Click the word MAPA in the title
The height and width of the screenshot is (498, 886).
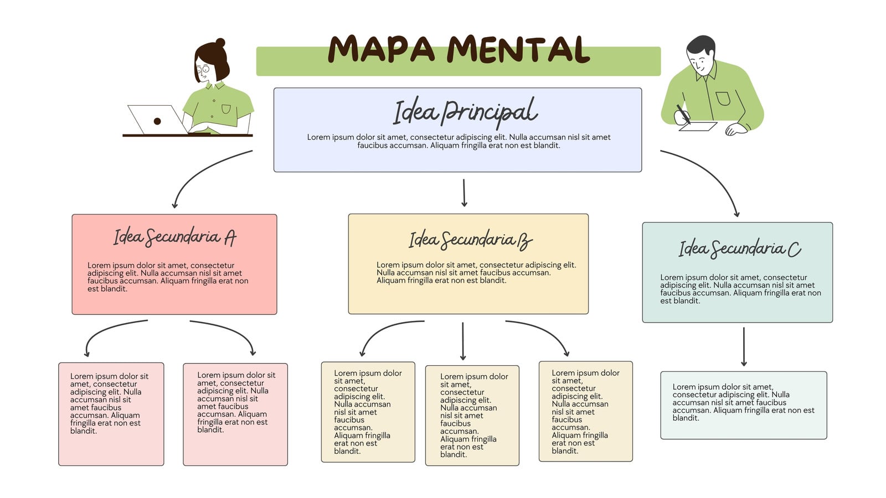[x=382, y=49]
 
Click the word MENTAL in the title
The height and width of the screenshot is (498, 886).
[x=518, y=49]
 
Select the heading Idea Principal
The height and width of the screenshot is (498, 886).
[x=465, y=112]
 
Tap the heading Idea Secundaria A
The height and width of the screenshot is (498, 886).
[x=175, y=237]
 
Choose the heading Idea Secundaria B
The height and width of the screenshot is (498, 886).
[x=470, y=240]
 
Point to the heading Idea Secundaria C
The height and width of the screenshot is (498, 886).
[x=740, y=248]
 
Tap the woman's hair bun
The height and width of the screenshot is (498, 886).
[x=220, y=42]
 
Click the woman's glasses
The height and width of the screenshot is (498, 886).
[x=203, y=70]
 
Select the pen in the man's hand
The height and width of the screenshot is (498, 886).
[x=683, y=114]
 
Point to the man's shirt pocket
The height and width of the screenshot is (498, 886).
[x=723, y=98]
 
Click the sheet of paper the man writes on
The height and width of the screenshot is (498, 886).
[x=698, y=126]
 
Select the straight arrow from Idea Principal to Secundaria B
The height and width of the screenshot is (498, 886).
[x=464, y=193]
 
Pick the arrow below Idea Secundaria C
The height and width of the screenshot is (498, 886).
[x=744, y=346]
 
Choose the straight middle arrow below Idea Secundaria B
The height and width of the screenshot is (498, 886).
[x=463, y=341]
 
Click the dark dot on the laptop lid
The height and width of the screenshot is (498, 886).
[x=157, y=121]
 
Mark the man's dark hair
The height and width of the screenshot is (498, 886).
[x=701, y=45]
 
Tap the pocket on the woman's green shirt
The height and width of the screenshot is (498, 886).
[x=226, y=108]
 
